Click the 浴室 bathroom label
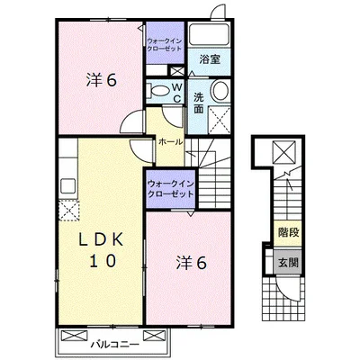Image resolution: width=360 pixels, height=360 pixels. [x=210, y=59]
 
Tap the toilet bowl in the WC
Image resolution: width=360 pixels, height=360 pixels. [x=157, y=91]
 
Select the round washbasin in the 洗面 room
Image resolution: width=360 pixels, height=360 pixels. [x=220, y=90]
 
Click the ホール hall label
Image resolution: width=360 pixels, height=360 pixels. [x=170, y=141]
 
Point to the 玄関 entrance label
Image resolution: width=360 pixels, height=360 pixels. [x=288, y=263]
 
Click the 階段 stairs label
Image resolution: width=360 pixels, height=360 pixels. [x=288, y=232]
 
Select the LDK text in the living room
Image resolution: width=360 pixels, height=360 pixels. [x=101, y=240]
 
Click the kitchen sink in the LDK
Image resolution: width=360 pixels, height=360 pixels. [x=68, y=186]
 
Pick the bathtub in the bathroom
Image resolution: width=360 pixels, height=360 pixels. [x=210, y=34]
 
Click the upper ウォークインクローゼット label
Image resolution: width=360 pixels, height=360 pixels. [x=164, y=45]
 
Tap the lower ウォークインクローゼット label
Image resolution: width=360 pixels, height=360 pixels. [x=170, y=188]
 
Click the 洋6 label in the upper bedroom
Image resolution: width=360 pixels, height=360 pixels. [x=102, y=80]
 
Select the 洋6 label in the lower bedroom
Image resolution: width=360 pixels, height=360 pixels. [x=191, y=263]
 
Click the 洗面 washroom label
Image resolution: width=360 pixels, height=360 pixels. [x=198, y=103]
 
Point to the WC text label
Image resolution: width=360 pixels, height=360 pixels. [x=177, y=93]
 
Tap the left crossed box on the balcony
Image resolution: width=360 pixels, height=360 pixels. [x=74, y=335]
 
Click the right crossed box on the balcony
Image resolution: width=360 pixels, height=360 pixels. [x=155, y=335]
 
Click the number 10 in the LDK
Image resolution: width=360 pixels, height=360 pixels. [x=102, y=261]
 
